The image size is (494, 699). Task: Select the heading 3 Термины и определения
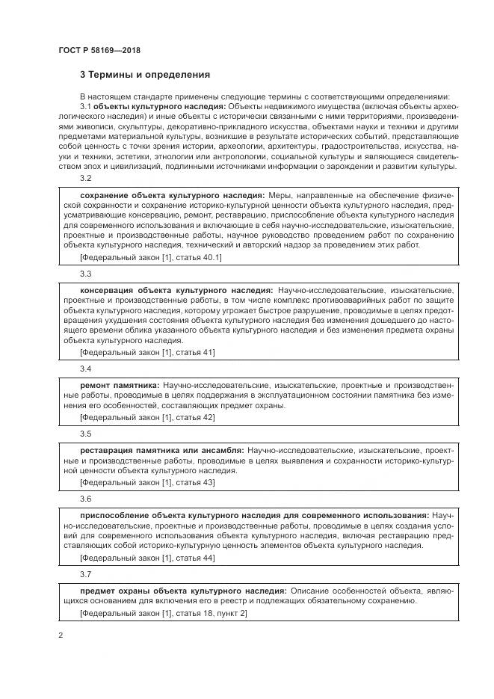click(x=145, y=75)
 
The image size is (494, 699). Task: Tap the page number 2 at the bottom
click(x=61, y=635)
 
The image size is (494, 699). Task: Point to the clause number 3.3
click(x=85, y=274)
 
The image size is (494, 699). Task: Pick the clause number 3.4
click(x=85, y=369)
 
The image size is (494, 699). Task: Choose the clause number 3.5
click(x=85, y=434)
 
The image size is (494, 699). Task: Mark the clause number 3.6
click(x=85, y=498)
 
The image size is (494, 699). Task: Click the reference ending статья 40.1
click(x=140, y=257)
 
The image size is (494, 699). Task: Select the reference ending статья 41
click(x=137, y=352)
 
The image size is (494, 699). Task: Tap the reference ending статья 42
click(x=137, y=417)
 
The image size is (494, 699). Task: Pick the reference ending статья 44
click(x=137, y=557)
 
